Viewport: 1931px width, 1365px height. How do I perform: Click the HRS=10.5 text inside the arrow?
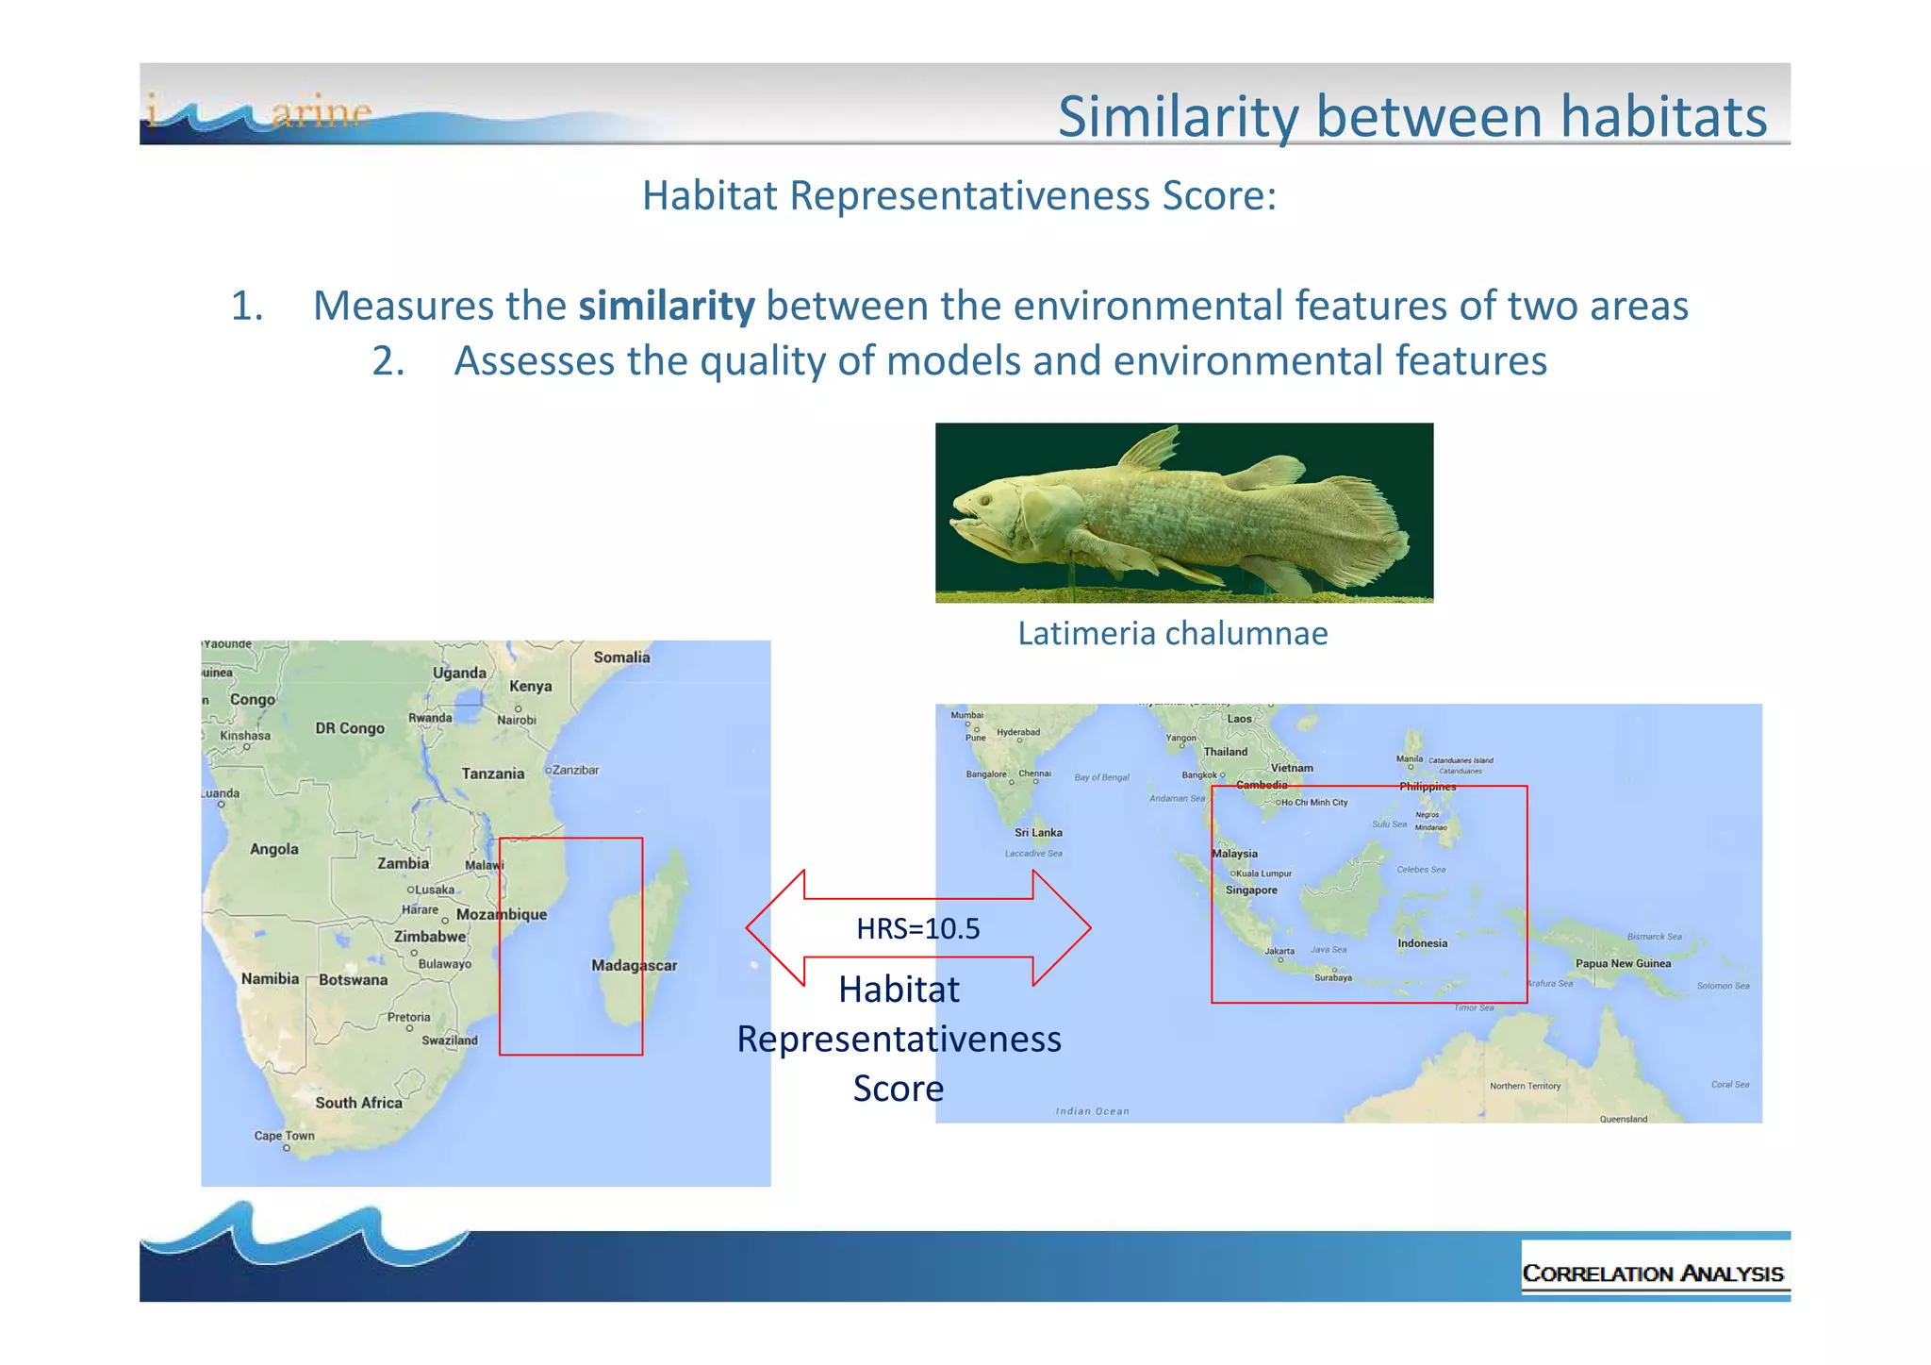click(x=917, y=929)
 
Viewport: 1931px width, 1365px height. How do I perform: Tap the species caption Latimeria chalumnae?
click(x=1172, y=633)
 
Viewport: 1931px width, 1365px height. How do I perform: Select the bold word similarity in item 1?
click(x=666, y=307)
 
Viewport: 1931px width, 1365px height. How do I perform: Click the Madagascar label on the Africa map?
click(x=634, y=965)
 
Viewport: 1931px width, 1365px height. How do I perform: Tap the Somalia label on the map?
click(x=621, y=658)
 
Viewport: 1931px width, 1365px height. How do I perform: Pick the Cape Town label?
click(x=284, y=1136)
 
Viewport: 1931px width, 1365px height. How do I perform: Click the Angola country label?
click(x=273, y=849)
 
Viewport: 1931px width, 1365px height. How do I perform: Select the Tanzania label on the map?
click(x=492, y=774)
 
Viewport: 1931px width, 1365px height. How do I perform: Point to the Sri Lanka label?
click(x=1038, y=832)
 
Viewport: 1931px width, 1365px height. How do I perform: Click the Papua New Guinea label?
click(x=1623, y=963)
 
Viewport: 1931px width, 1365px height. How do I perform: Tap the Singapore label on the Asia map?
click(x=1251, y=890)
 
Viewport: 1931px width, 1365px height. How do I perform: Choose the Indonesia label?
click(x=1422, y=943)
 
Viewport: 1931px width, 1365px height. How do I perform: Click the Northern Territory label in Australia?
click(x=1525, y=1086)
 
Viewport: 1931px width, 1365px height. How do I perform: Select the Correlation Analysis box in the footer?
click(x=1653, y=1273)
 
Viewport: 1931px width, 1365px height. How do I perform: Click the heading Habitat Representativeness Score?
click(x=959, y=196)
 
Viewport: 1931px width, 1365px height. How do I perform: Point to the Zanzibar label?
click(x=575, y=770)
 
